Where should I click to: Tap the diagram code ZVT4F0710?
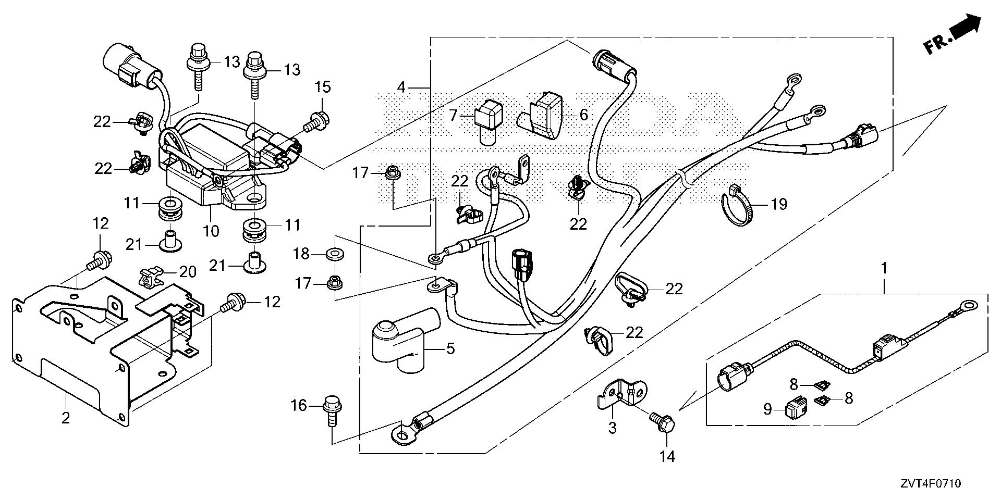point(929,484)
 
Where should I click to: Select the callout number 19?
point(778,204)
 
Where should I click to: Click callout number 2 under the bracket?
point(66,417)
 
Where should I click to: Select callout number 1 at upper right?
point(884,269)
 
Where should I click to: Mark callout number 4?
point(401,86)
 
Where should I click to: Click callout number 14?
point(667,457)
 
